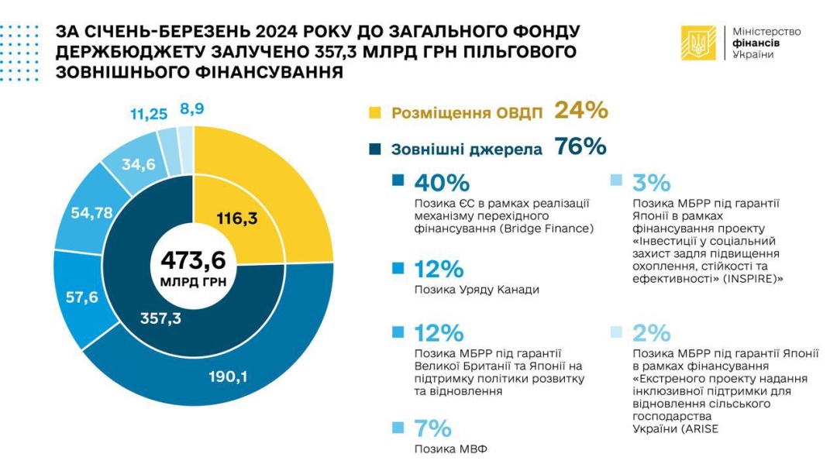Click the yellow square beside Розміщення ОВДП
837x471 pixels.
(x=375, y=112)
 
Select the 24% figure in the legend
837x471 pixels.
(x=580, y=111)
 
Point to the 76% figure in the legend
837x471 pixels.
(x=580, y=146)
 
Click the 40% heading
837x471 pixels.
(x=442, y=183)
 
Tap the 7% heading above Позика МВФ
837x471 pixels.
(x=433, y=428)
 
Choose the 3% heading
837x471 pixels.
(x=651, y=183)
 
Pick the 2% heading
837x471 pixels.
(x=651, y=333)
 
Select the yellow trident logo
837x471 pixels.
(x=698, y=43)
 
